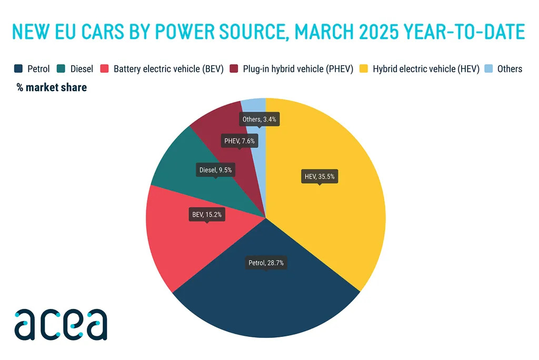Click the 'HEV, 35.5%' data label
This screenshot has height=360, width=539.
pyautogui.click(x=320, y=177)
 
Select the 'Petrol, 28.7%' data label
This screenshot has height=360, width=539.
pyautogui.click(x=266, y=262)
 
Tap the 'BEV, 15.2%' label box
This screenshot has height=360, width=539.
pyautogui.click(x=206, y=214)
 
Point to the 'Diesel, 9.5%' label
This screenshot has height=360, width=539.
pyautogui.click(x=215, y=169)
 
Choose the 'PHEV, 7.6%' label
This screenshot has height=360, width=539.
pyautogui.click(x=239, y=141)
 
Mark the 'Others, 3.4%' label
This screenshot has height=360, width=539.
pyautogui.click(x=259, y=119)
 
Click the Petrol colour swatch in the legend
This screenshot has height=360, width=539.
pyautogui.click(x=18, y=69)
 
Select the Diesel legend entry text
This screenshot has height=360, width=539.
pyautogui.click(x=82, y=69)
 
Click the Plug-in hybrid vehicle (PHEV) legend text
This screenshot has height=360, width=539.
pyautogui.click(x=297, y=69)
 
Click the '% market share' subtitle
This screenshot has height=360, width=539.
pyautogui.click(x=52, y=87)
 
